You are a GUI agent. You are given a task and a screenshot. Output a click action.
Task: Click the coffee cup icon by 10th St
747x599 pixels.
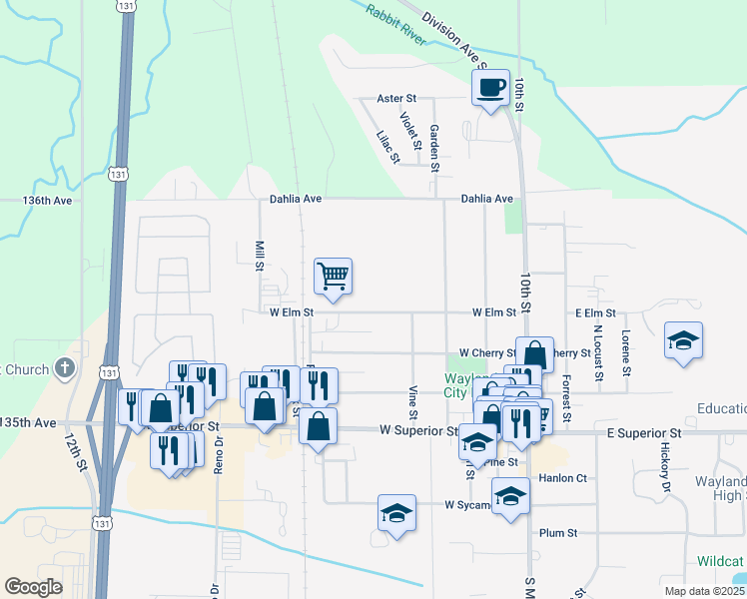coord(490,87)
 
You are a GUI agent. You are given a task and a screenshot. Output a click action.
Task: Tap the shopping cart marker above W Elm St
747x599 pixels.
coord(333,275)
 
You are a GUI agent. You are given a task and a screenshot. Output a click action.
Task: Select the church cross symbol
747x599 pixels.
coord(65,368)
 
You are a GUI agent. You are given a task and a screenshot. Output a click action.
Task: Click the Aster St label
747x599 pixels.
coord(395,99)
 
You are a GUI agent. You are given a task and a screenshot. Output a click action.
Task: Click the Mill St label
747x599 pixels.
coord(259,255)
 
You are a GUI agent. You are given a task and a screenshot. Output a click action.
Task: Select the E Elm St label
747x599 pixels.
coord(595,313)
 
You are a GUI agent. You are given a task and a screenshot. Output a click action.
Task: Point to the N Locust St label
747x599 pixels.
coord(597,353)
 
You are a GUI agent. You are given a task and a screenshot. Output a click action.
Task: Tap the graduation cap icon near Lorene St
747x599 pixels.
coord(683,339)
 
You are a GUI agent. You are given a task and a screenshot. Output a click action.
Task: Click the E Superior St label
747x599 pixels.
coord(643,433)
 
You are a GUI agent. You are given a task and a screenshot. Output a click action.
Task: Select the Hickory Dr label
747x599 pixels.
coord(664,466)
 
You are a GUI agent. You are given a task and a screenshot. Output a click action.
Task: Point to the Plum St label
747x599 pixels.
coord(558,533)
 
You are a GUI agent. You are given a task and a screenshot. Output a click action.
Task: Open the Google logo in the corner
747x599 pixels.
coord(34,587)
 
